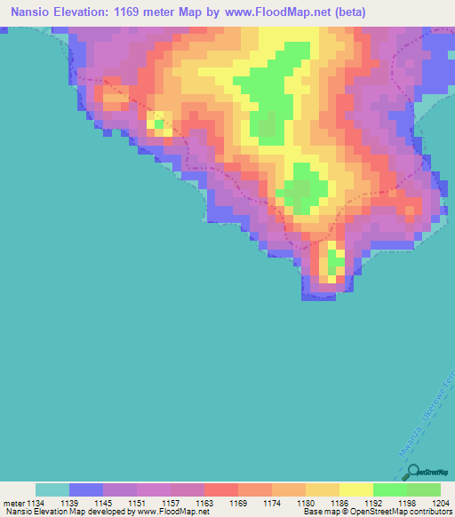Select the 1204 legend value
[442, 504]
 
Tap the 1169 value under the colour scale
[239, 504]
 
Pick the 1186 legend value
[339, 504]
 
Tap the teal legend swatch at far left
[52, 489]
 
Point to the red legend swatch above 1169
[220, 489]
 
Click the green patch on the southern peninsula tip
[336, 263]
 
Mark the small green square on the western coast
[159, 125]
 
